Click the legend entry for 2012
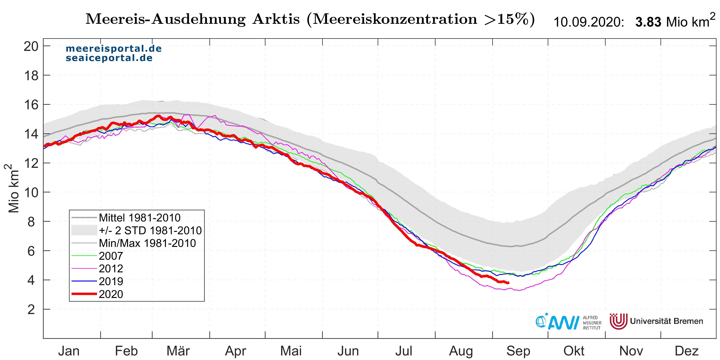point(111,269)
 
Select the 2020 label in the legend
point(111,294)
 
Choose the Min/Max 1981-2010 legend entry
point(147,243)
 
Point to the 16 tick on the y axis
point(31,105)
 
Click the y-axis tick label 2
point(31,309)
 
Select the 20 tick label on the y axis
point(31,46)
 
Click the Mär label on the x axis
point(178,351)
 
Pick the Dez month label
point(686,351)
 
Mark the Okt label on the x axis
point(574,351)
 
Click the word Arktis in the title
point(276,19)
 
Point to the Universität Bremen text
point(666,321)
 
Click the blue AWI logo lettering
point(563,323)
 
